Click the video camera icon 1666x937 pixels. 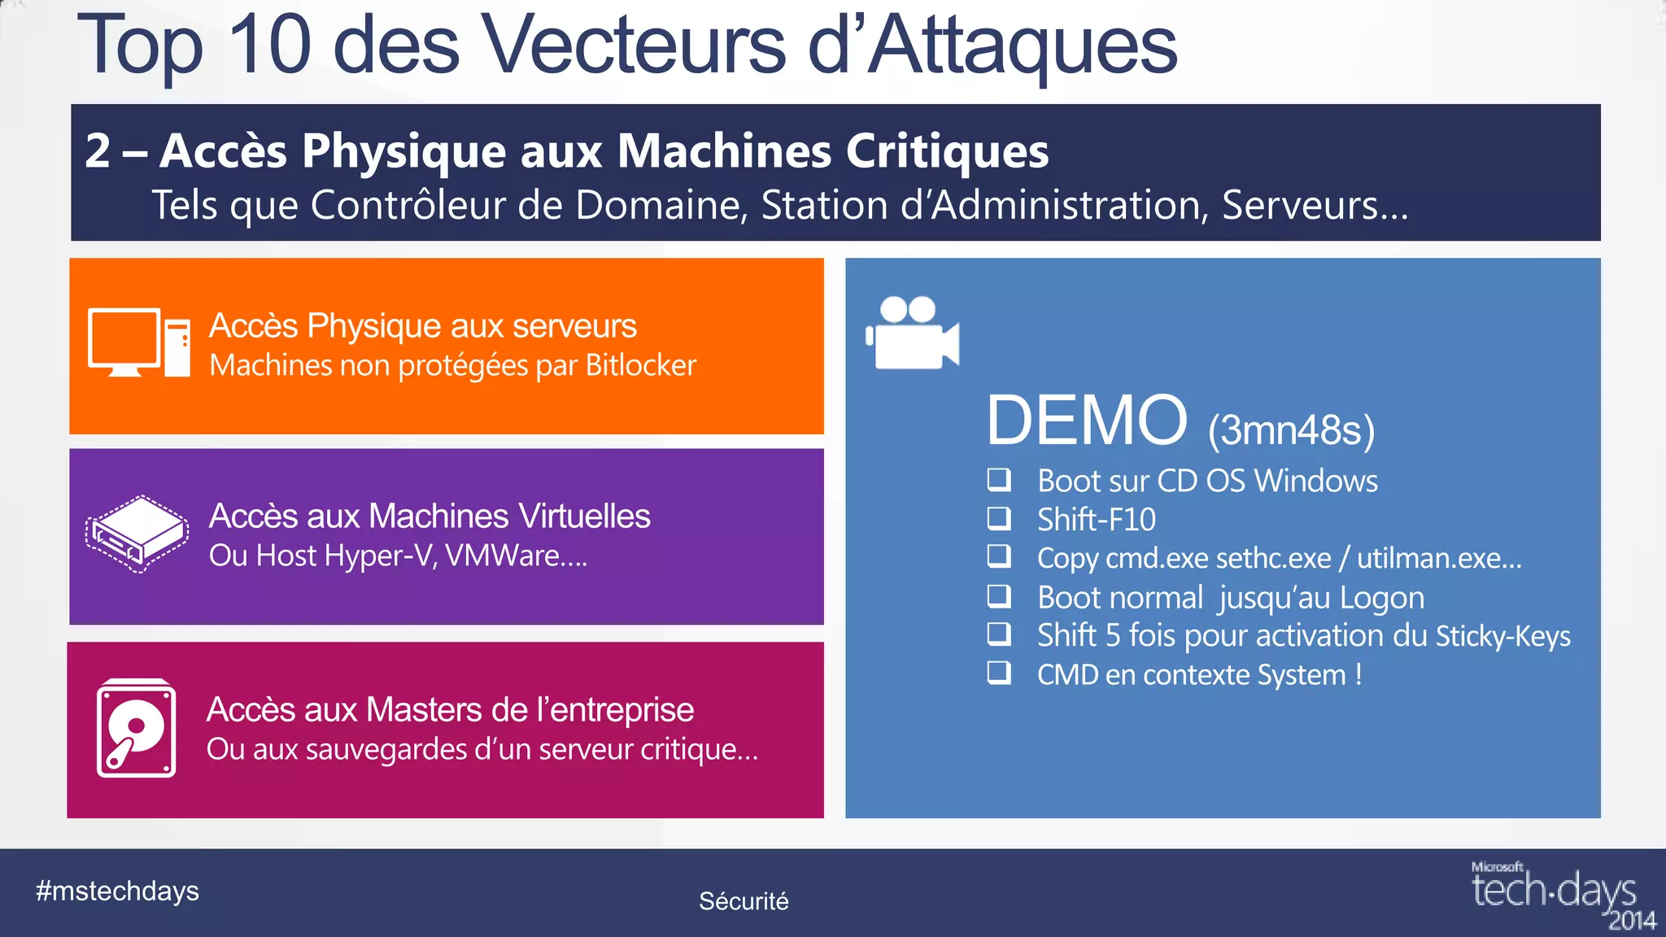pos(913,333)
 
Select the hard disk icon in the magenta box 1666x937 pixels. pos(136,729)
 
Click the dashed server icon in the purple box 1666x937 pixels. pos(137,534)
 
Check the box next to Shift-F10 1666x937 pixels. pos(999,518)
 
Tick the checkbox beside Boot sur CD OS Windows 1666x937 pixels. pos(999,480)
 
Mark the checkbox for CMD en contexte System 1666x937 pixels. pos(999,673)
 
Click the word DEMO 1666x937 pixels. pos(1087,421)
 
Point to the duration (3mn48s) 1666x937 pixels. pos(1291,429)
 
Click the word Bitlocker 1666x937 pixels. pos(640,365)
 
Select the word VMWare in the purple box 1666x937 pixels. pos(502,556)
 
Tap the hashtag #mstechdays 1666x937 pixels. pos(117,891)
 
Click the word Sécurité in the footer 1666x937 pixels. pos(744,901)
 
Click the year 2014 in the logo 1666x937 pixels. pos(1632,921)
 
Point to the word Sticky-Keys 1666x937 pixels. pos(1502,636)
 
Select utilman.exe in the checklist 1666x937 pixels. pos(1438,559)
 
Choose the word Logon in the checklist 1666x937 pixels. pos(1381,598)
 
